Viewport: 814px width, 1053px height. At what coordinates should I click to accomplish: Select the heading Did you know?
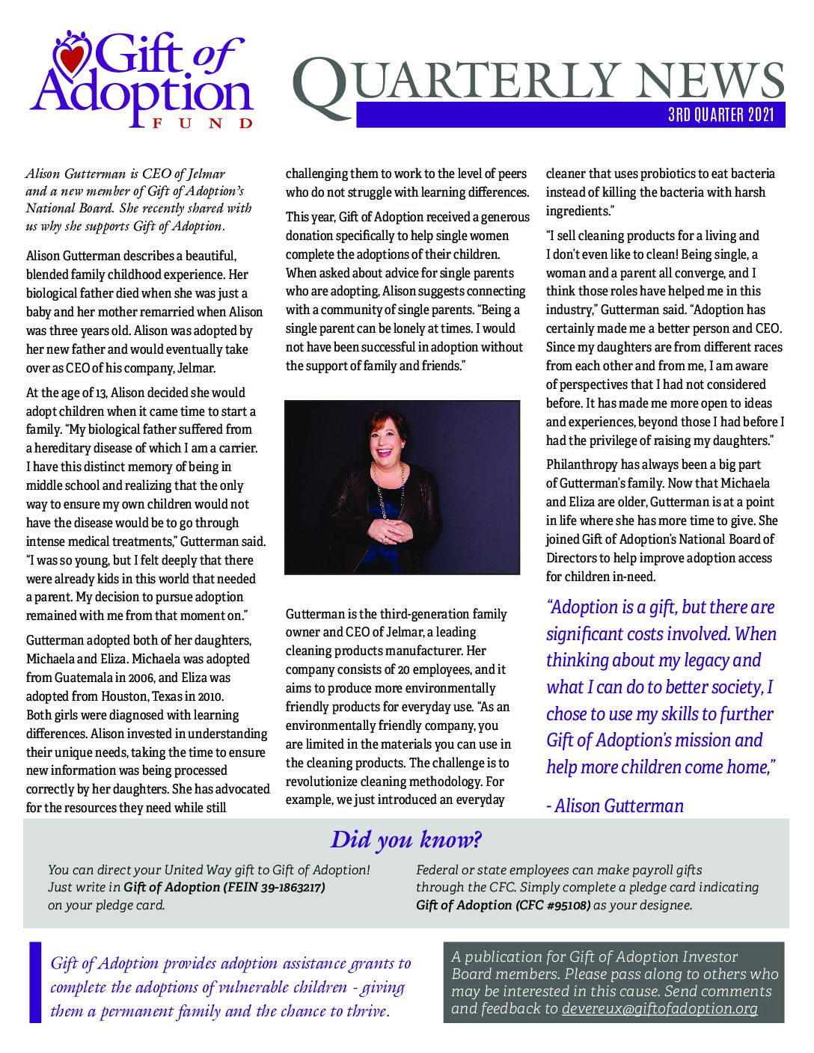click(406, 840)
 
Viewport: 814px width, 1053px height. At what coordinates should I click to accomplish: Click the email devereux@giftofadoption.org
click(659, 1008)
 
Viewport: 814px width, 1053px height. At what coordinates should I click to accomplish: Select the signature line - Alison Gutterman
click(615, 805)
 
